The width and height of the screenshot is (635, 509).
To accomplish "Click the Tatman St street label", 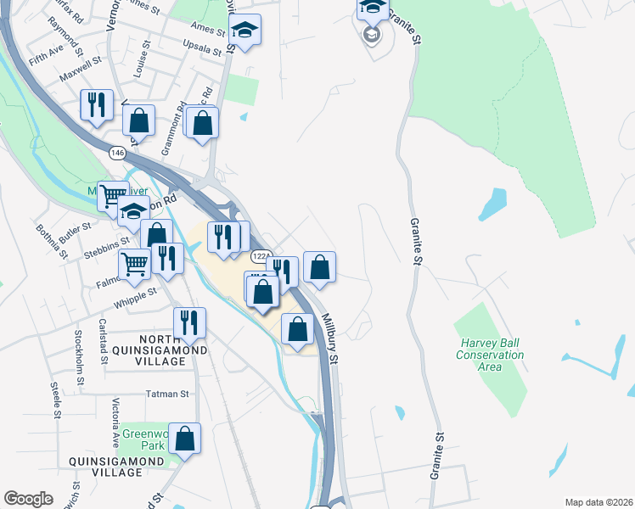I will pyautogui.click(x=166, y=394).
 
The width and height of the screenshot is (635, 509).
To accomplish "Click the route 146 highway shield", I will pyautogui.click(x=118, y=152).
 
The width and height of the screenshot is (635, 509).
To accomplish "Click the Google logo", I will pyautogui.click(x=28, y=499).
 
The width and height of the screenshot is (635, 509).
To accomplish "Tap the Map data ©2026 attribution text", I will pyautogui.click(x=598, y=502).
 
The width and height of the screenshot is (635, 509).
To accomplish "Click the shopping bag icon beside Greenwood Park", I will pyautogui.click(x=184, y=439).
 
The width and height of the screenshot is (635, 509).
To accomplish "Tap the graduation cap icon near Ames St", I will pyautogui.click(x=244, y=31).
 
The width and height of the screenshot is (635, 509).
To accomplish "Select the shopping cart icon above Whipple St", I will pyautogui.click(x=134, y=264).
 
